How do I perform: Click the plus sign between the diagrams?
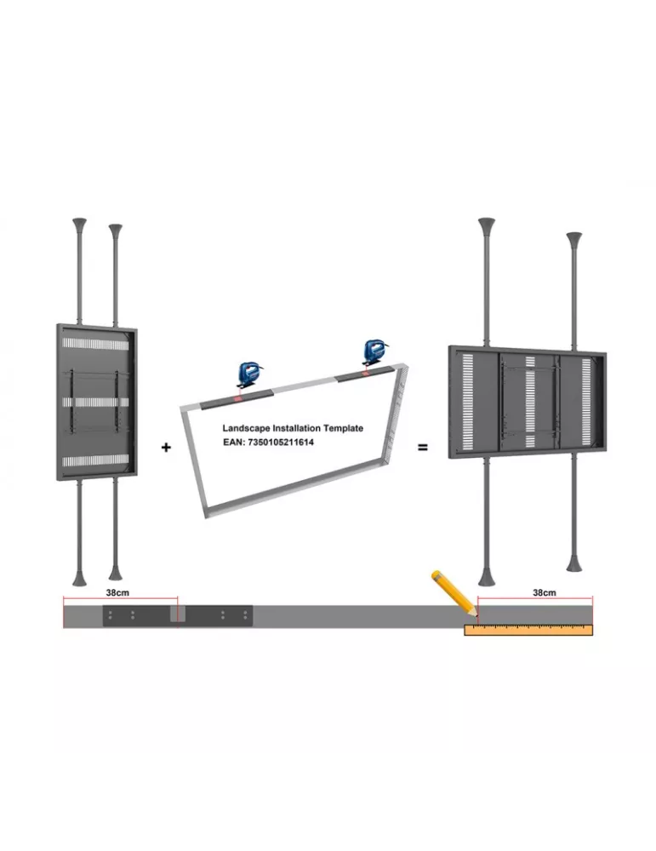point(166,448)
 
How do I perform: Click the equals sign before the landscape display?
point(423,448)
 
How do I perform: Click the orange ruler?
point(528,630)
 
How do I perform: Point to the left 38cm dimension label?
point(117,592)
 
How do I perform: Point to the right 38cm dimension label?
point(545,592)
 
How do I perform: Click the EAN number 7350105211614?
point(281,443)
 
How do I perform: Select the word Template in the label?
point(344,428)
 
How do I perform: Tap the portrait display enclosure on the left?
point(97,403)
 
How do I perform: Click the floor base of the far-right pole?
point(574,563)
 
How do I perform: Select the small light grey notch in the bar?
point(178,614)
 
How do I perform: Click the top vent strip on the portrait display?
point(95,343)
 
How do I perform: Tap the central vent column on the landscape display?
point(530,403)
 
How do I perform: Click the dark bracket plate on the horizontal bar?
point(178,616)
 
